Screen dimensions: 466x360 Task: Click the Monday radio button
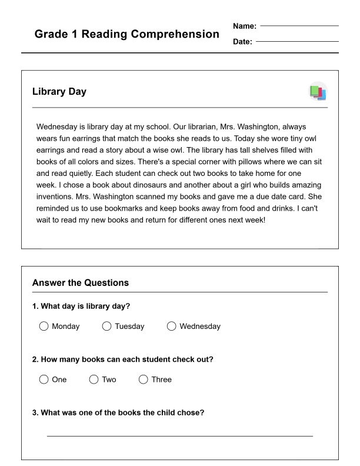pos(44,326)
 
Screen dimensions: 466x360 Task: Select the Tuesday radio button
pos(106,326)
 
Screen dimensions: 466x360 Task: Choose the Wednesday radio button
pos(171,326)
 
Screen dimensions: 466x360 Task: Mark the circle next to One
pos(44,380)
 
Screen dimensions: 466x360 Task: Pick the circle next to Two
pos(94,380)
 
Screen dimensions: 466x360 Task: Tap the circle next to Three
pos(143,380)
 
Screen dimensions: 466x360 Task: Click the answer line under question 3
pos(179,435)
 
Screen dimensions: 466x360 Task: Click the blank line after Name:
pos(299,26)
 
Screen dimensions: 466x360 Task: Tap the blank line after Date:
pos(297,41)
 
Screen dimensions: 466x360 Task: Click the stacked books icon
pos(318,92)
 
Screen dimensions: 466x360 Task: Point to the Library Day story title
pos(59,92)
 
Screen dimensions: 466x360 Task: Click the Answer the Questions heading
pos(80,283)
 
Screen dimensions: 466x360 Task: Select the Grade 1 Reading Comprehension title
pos(126,34)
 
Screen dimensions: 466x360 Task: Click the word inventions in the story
pos(55,197)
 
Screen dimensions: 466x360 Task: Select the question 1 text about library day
pos(81,307)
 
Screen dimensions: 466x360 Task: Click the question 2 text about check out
pos(122,360)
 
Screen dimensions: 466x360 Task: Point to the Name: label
pos(245,26)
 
